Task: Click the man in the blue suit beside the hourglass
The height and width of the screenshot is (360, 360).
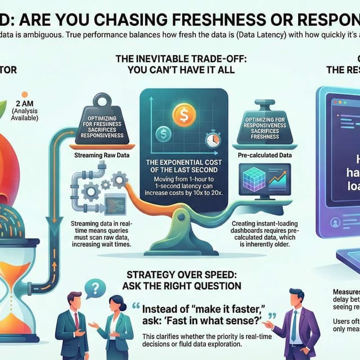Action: pyautogui.click(x=71, y=326)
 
